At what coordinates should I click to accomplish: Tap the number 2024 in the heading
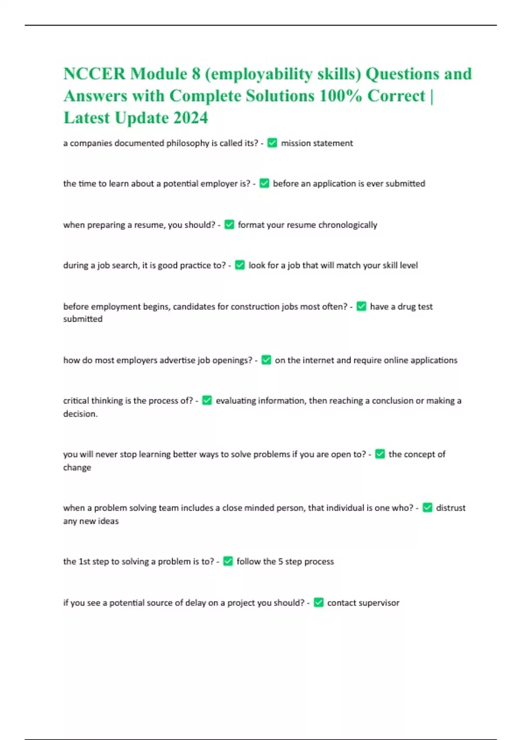tap(191, 118)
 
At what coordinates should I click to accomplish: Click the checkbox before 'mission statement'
tap(272, 143)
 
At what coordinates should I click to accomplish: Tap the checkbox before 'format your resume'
tap(229, 225)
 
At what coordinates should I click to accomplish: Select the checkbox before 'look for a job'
tap(240, 265)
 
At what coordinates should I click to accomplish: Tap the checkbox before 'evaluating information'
tap(207, 400)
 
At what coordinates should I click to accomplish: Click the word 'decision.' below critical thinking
tap(80, 414)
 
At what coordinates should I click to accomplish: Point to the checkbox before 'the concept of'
tap(380, 454)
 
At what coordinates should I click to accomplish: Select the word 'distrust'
tap(451, 508)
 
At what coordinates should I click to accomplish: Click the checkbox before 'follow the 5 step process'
tap(228, 562)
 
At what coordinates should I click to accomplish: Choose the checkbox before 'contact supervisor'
tap(318, 602)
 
